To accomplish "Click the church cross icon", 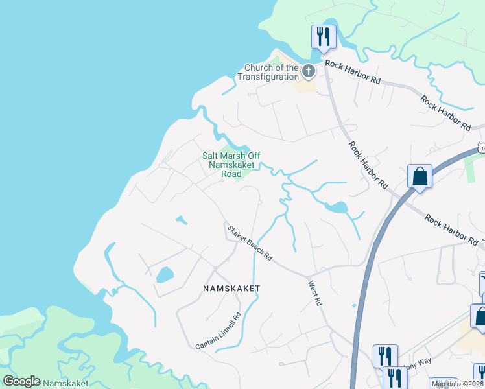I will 309,70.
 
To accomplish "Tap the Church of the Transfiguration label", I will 272,72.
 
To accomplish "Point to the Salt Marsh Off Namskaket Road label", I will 231,165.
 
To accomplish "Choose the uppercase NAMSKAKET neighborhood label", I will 231,288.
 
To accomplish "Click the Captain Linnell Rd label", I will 218,331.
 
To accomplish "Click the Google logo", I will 21,381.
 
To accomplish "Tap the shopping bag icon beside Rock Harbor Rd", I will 420,176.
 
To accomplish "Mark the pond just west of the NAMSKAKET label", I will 165,275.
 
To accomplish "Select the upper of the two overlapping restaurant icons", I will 384,356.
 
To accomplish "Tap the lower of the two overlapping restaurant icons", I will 393,377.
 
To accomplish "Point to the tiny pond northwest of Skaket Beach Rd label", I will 181,220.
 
